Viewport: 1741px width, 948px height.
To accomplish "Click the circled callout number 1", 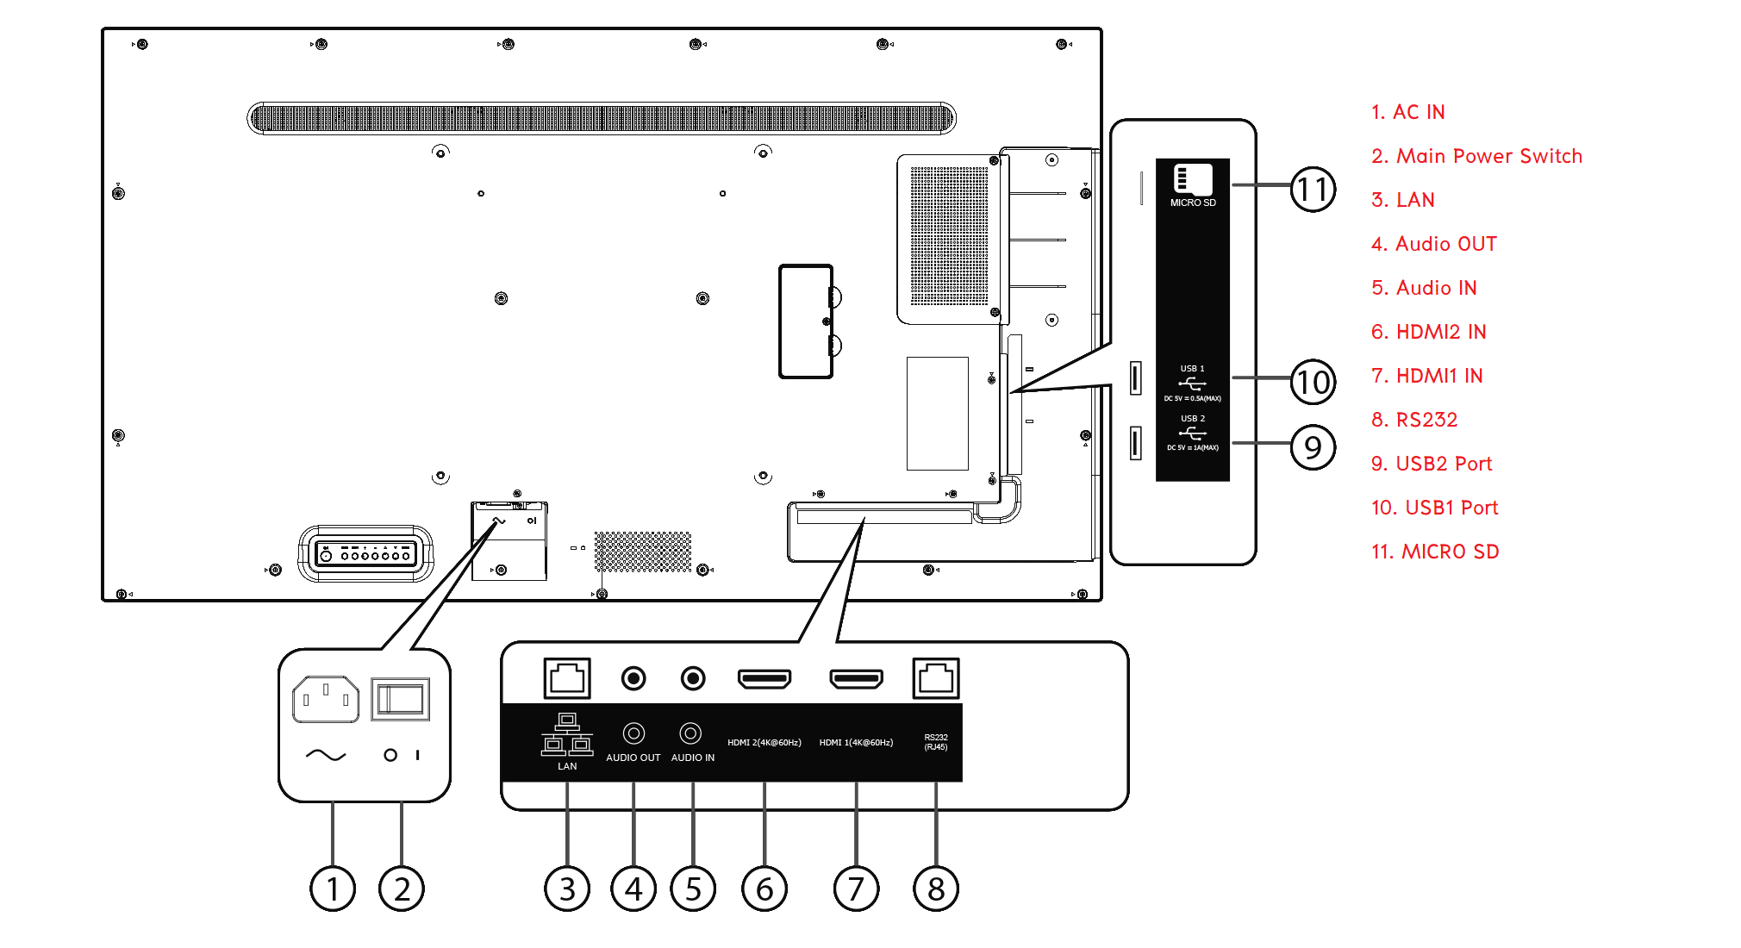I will point(333,889).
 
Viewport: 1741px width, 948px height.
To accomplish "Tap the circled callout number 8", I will point(936,889).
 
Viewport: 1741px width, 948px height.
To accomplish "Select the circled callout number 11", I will point(1313,189).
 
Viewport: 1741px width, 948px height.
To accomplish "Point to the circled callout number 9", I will point(1313,447).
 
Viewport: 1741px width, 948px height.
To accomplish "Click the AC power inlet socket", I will point(326,699).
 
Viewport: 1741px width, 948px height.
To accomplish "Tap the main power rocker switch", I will point(401,699).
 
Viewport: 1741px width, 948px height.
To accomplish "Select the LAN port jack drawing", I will point(567,678).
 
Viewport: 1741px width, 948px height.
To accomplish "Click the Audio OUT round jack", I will point(633,679).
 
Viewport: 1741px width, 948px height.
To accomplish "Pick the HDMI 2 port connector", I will point(764,679).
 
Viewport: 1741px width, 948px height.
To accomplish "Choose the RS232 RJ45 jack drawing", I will point(936,678).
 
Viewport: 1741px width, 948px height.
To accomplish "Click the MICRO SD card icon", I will point(1193,179).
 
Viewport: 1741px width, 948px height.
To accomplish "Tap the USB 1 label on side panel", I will point(1193,369).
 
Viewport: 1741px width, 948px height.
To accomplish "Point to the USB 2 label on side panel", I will point(1193,419).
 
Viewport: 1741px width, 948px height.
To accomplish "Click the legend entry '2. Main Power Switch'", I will point(1476,156).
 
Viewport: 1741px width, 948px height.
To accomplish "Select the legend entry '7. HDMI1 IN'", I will point(1426,376).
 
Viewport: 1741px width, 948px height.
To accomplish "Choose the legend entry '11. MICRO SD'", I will point(1435,552).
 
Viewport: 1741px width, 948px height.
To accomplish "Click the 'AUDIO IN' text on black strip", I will point(693,758).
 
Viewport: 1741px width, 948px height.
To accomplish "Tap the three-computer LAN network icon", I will point(567,734).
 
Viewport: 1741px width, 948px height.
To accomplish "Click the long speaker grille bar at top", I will point(602,118).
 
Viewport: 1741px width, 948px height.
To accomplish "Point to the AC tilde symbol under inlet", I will point(326,755).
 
